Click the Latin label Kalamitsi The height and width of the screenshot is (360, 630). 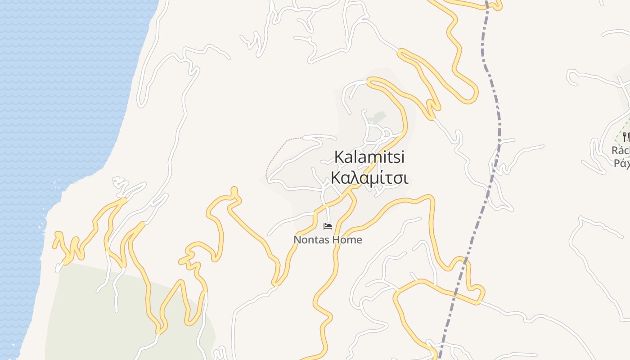[369, 157]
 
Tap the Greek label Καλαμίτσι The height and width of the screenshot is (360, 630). [369, 178]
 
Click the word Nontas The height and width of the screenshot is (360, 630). [310, 240]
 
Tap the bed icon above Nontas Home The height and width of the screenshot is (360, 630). [328, 226]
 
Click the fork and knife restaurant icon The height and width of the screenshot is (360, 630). [625, 136]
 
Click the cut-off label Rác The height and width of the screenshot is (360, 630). [621, 150]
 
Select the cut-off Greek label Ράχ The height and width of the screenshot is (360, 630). [621, 163]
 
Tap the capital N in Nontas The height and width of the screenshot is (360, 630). [297, 240]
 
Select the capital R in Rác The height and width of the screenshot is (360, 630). [615, 150]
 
